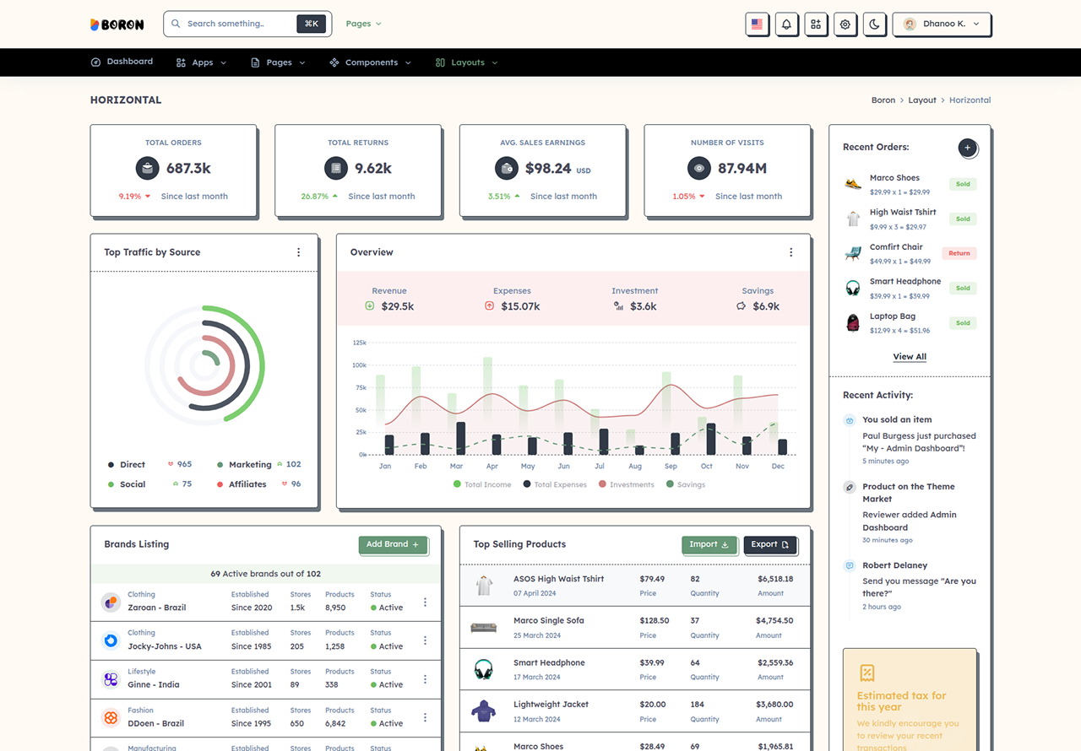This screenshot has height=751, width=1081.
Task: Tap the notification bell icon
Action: point(786,24)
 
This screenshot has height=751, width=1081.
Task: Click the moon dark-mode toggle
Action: point(874,24)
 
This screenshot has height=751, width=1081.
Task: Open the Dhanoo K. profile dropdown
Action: point(942,24)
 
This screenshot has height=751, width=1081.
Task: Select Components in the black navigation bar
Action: point(370,62)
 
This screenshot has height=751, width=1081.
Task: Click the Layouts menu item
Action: point(466,62)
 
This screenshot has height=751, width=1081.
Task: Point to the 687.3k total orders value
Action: point(188,168)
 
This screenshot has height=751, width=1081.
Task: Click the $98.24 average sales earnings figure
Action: point(548,168)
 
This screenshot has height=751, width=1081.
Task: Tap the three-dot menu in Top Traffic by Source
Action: point(299,252)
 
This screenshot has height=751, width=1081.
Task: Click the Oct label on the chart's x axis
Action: point(707,466)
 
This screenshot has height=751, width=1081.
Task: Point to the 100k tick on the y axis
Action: point(359,365)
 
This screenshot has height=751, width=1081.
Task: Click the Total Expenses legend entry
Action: point(555,484)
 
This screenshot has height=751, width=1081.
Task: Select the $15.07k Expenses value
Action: point(520,306)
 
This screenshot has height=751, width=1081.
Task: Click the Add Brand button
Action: point(393,544)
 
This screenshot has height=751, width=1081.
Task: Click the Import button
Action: point(709,544)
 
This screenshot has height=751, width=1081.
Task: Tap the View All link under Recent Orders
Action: point(910,357)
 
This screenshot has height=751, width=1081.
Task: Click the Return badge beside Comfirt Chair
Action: point(959,253)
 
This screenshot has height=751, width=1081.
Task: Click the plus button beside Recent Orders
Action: point(967,148)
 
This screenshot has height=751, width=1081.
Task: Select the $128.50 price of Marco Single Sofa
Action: point(654,620)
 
